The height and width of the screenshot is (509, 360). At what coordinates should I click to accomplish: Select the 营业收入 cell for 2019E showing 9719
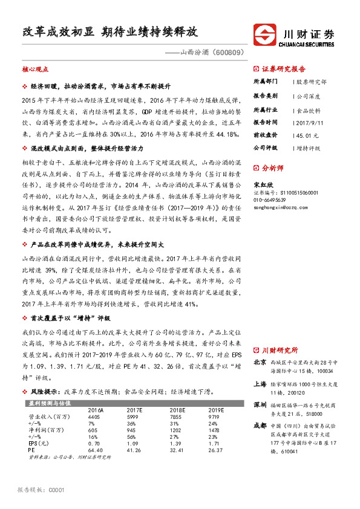215,417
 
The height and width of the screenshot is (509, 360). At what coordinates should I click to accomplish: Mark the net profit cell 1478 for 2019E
215,430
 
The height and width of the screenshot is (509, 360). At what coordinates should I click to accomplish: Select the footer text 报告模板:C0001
41,489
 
